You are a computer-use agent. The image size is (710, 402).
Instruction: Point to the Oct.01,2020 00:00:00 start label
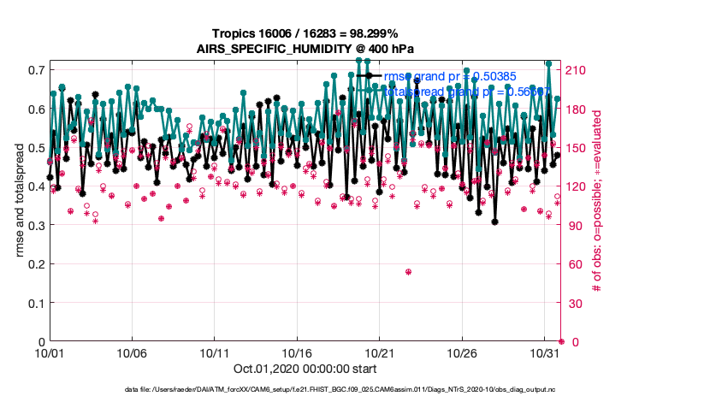[x=305, y=369]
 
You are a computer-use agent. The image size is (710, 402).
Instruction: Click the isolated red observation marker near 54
[x=409, y=272]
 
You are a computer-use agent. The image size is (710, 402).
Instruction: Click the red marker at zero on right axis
[x=561, y=341]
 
